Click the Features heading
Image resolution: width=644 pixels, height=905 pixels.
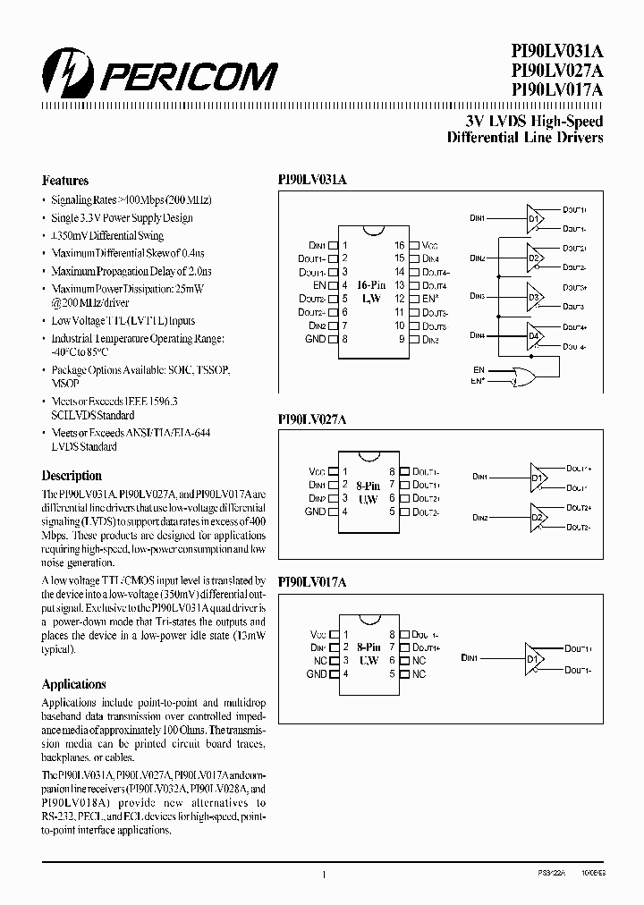tap(65, 181)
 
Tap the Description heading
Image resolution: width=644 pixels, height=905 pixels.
tap(72, 476)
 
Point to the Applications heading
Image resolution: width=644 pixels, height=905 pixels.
tap(74, 684)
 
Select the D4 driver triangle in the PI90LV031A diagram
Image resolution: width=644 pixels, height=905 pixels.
tap(534, 336)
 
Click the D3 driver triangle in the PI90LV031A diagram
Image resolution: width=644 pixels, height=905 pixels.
tap(534, 297)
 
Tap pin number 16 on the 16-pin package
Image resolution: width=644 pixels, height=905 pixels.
tap(400, 245)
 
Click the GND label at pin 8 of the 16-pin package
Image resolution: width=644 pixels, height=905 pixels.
tap(315, 340)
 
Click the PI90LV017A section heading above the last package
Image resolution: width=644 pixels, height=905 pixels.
tap(312, 582)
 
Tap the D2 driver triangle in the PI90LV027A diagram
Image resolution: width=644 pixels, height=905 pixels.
tap(538, 518)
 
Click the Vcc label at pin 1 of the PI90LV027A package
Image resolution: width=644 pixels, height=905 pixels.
tap(317, 471)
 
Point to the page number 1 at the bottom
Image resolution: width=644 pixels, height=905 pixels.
tap(323, 875)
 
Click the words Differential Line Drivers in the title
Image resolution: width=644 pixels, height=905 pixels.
tap(524, 138)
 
